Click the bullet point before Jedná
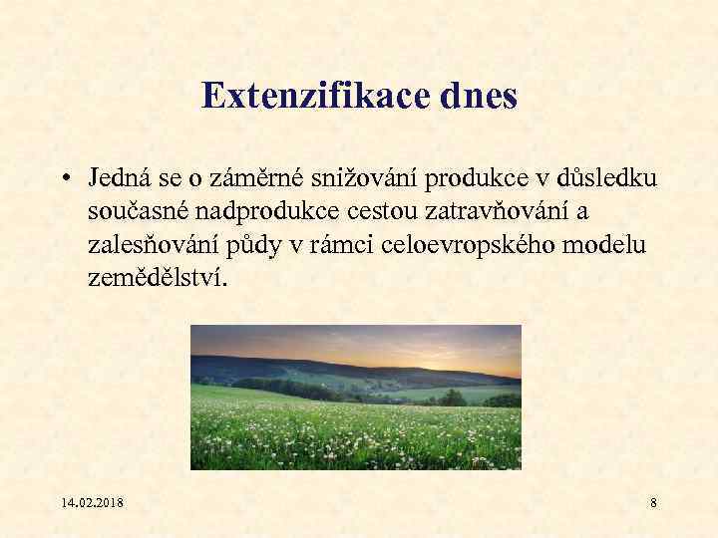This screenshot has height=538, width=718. [x=63, y=180]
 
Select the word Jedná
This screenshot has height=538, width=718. [x=118, y=179]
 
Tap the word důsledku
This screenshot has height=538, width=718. [x=600, y=179]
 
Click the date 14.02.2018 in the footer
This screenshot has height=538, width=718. [x=91, y=503]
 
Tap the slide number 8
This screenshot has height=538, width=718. [x=653, y=503]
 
